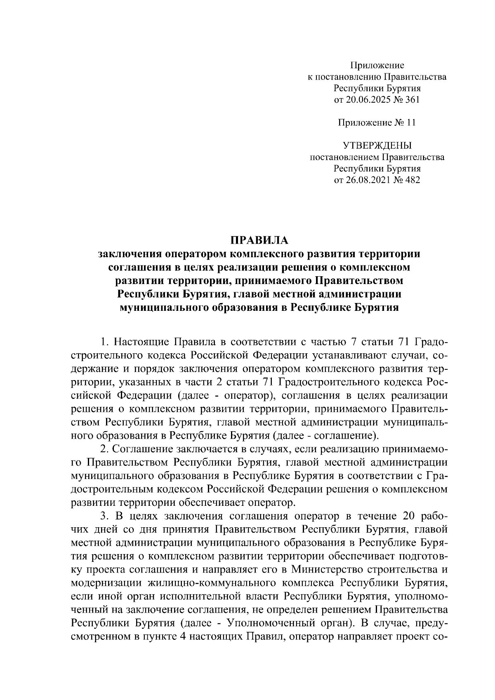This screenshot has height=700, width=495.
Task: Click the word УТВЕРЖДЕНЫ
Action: point(377,146)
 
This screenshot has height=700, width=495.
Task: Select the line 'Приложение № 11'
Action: point(377,122)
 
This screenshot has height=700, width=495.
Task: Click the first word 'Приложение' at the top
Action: point(377,65)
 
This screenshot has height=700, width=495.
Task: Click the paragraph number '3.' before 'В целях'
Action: point(104,517)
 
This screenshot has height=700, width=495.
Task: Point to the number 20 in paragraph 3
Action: point(403,517)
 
